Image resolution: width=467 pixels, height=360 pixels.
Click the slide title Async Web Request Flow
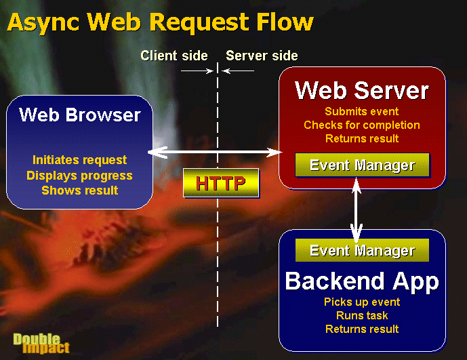(x=160, y=23)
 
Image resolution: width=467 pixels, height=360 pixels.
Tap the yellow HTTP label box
(x=221, y=182)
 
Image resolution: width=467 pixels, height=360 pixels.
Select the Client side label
(x=174, y=56)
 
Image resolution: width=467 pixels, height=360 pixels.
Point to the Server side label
(x=262, y=56)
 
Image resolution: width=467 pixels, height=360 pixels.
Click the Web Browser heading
(x=79, y=115)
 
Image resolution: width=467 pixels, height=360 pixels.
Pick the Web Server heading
(x=361, y=90)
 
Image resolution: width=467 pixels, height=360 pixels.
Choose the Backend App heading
(x=362, y=281)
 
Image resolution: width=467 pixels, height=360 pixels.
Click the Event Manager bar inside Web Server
(x=362, y=165)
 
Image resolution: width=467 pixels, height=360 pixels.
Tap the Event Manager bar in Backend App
(x=362, y=250)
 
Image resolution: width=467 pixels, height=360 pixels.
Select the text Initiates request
(x=79, y=160)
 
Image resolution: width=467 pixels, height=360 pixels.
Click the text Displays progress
(x=79, y=176)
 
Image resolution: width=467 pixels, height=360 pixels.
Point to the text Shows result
(x=79, y=191)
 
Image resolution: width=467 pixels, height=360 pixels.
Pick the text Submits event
(x=361, y=111)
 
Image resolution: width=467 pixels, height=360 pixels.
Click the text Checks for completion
(x=362, y=125)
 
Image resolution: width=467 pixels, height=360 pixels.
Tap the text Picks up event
(x=362, y=302)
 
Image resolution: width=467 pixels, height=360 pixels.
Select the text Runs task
(x=362, y=316)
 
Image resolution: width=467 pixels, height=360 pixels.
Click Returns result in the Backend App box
(x=362, y=329)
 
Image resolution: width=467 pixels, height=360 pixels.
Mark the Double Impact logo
(x=41, y=344)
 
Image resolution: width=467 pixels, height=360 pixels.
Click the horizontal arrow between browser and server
(x=215, y=153)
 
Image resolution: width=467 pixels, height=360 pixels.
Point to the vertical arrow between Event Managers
(x=357, y=209)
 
